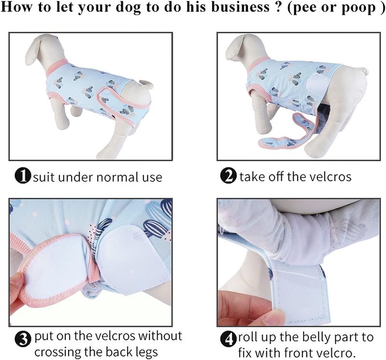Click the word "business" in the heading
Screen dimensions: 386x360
click(241, 7)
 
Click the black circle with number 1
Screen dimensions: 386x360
click(23, 176)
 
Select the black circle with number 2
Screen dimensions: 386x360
click(228, 176)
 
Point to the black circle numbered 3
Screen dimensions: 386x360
click(23, 339)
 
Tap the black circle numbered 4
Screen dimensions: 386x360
click(228, 339)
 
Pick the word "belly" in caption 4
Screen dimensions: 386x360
click(317, 338)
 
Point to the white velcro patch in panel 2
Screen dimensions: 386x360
click(318, 85)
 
